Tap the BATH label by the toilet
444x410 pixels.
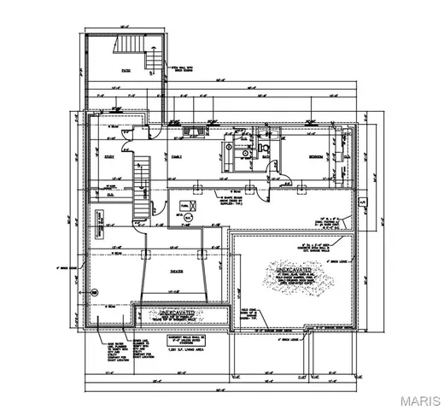(266, 156)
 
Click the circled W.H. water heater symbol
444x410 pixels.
(192, 216)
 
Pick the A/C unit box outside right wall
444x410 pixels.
(361, 204)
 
